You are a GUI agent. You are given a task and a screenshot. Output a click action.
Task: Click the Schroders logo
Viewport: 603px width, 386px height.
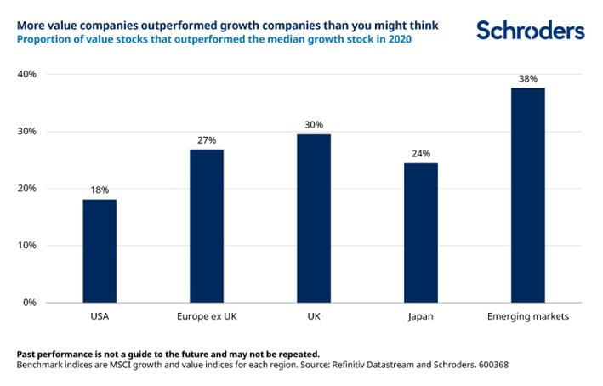tap(530, 31)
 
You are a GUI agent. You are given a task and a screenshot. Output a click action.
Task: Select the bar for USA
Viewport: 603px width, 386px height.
tap(100, 251)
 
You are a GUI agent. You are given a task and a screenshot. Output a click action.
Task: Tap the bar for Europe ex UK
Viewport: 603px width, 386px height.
tap(207, 226)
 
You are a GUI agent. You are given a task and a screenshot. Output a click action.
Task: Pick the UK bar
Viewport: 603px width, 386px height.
tap(314, 219)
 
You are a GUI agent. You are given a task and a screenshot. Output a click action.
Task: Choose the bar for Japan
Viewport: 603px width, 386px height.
tap(420, 233)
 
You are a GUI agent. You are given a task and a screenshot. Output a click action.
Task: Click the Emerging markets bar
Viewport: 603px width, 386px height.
tap(527, 196)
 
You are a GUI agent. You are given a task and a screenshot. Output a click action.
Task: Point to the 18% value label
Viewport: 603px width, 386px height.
tap(100, 190)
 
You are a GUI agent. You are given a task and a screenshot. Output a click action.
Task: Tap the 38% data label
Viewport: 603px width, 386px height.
tap(527, 78)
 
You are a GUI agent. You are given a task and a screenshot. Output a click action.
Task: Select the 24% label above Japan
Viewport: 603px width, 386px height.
tap(420, 154)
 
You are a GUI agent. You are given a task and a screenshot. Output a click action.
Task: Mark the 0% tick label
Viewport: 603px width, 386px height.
tap(29, 303)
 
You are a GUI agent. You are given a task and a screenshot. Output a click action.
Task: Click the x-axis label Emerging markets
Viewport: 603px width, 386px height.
tap(527, 317)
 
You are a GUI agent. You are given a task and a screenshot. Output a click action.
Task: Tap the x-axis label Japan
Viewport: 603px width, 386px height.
tap(420, 317)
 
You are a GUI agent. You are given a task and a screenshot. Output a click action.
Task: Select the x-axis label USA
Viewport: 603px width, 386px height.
tap(100, 317)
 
